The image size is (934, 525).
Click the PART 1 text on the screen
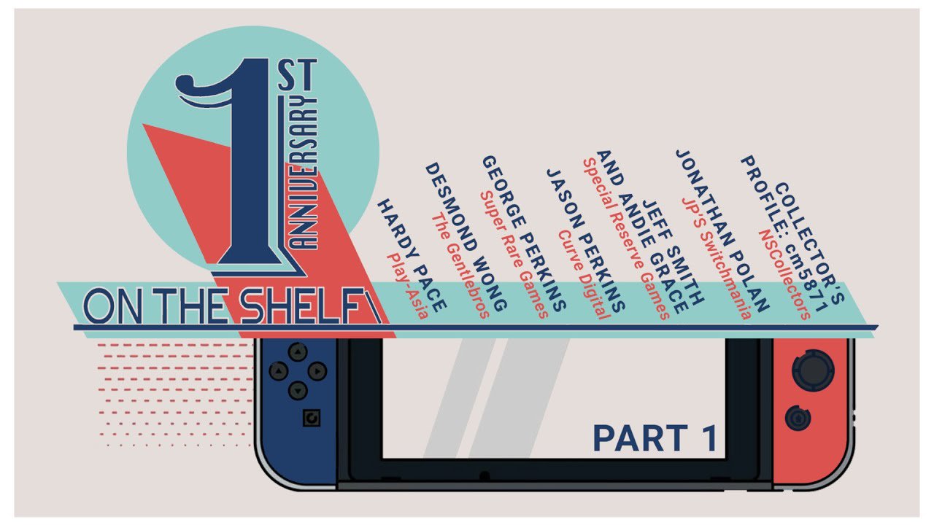(655, 437)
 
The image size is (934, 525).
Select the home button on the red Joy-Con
(796, 419)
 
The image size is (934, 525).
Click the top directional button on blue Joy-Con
(296, 353)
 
